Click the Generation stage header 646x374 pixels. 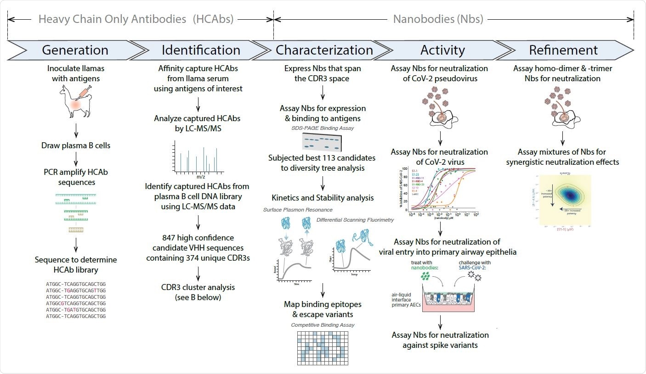coord(75,50)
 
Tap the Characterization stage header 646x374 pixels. coord(324,50)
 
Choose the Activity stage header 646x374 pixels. coord(442,50)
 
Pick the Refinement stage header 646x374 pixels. coord(563,50)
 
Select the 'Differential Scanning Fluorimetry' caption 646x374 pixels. coord(355,220)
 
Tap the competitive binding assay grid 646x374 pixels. coord(323,347)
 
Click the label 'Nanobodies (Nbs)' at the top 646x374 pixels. coord(438,19)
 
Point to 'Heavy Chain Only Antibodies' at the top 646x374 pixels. coord(112,19)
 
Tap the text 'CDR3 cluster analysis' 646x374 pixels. coord(198,287)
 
